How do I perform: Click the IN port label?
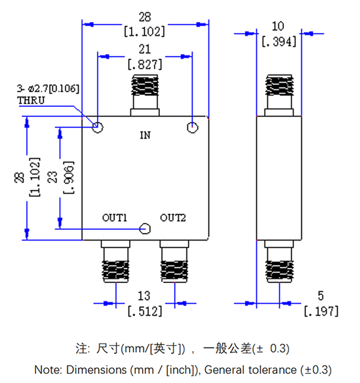pos(145,135)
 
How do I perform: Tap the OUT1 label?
pos(115,218)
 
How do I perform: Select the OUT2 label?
pos(173,218)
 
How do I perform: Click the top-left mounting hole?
pos(98,128)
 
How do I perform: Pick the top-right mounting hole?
pos(192,128)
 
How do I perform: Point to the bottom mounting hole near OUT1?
pos(145,228)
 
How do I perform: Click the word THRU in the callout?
pos(31,100)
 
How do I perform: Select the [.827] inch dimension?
pos(145,64)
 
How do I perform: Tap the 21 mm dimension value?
pos(145,49)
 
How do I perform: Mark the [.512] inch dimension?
pos(145,311)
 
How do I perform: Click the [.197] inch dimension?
pos(321,311)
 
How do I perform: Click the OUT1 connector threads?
pos(116,267)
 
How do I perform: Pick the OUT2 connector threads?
pos(174,267)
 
